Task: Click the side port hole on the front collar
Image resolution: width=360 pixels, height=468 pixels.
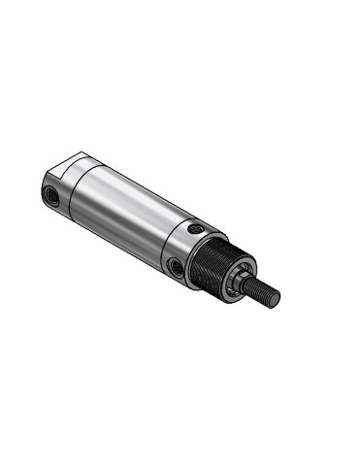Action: point(175,265)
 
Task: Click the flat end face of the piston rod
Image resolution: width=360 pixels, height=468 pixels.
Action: point(275,299)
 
